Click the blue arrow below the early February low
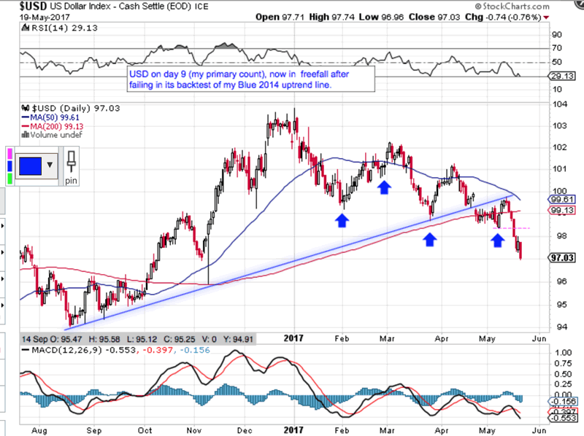[x=342, y=219]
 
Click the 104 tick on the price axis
[x=557, y=104]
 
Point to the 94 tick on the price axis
[x=557, y=327]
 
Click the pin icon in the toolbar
[x=71, y=164]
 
